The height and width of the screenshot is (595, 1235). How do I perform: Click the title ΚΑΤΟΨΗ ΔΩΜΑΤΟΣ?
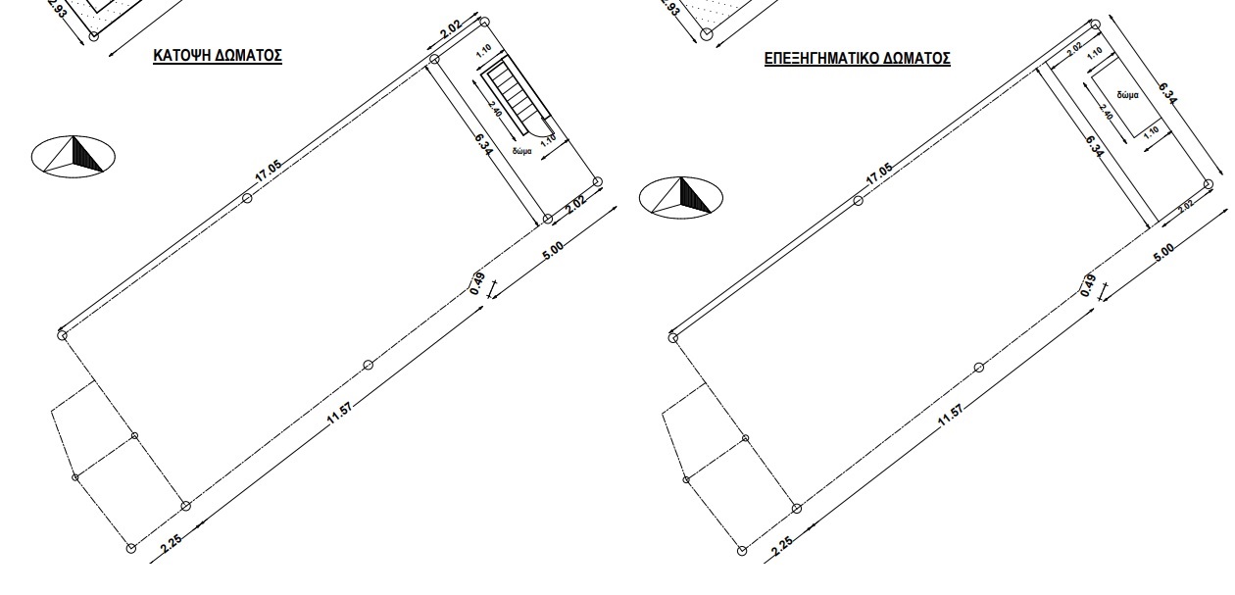pyautogui.click(x=218, y=56)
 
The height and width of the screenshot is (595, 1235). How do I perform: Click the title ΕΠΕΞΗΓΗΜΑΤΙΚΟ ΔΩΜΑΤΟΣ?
pyautogui.click(x=857, y=59)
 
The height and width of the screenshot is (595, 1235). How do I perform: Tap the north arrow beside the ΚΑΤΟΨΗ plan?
pyautogui.click(x=74, y=157)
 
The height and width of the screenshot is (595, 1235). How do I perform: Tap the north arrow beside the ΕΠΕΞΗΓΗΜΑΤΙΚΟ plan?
pyautogui.click(x=681, y=197)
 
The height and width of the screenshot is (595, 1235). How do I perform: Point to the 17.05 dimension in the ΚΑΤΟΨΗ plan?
pyautogui.click(x=269, y=172)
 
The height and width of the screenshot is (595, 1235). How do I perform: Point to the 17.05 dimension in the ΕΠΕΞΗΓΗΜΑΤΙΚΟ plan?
pyautogui.click(x=879, y=174)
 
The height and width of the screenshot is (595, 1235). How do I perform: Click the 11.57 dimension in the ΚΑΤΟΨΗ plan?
pyautogui.click(x=339, y=414)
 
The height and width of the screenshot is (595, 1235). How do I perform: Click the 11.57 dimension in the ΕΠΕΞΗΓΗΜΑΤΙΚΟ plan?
pyautogui.click(x=950, y=416)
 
